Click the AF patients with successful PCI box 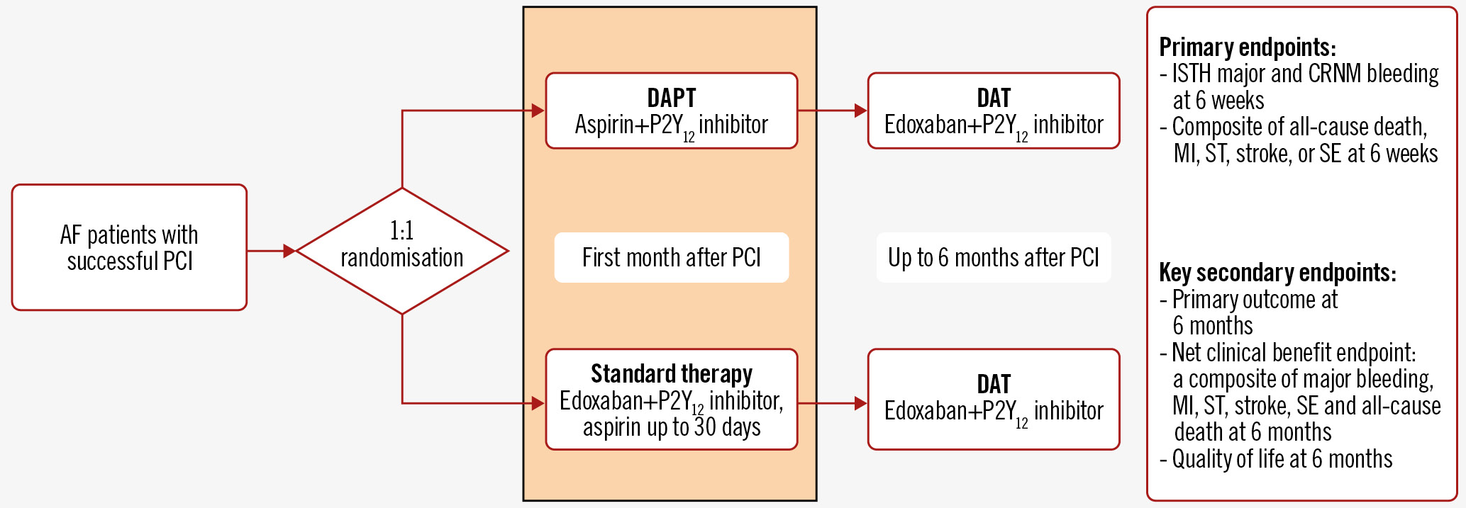pos(129,247)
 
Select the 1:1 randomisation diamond pos(401,250)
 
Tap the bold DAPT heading pos(671,98)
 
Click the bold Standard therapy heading pos(671,373)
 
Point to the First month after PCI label pos(671,257)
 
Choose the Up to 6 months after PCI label pos(993,257)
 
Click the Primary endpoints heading pos(1247,47)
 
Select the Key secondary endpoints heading pos(1277,273)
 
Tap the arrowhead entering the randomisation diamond pos(289,251)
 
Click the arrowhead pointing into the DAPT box pos(538,111)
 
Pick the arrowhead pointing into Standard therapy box pos(538,403)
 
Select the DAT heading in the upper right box pos(993,98)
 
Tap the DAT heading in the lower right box pos(993,384)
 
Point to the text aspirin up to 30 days pos(671,427)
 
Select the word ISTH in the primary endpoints pos(1191,74)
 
